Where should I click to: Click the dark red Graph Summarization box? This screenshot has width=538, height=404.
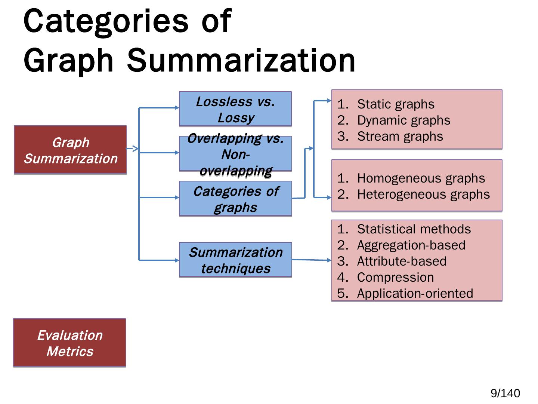point(70,150)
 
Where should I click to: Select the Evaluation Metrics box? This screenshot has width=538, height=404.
point(69,343)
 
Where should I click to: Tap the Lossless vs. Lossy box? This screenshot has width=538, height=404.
point(235,109)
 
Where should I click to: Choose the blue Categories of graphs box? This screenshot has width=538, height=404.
point(235,199)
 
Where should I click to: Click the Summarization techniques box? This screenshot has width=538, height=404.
point(235,260)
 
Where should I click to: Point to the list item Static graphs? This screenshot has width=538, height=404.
point(396,104)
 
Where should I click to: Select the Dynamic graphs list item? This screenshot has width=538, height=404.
point(403,120)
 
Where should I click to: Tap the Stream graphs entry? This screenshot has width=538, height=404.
point(400,136)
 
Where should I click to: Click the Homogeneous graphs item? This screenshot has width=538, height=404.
point(421,178)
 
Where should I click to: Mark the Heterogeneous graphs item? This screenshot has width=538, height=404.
point(423,194)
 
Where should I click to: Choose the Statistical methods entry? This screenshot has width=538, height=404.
point(414,229)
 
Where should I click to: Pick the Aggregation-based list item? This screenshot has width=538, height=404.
point(411,245)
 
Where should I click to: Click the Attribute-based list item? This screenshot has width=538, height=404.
point(402,261)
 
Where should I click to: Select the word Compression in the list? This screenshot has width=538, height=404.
point(395,277)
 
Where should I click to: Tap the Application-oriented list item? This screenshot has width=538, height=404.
point(415,293)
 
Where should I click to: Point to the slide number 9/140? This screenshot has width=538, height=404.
point(505,393)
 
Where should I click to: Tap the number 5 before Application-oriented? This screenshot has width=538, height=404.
point(341,293)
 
